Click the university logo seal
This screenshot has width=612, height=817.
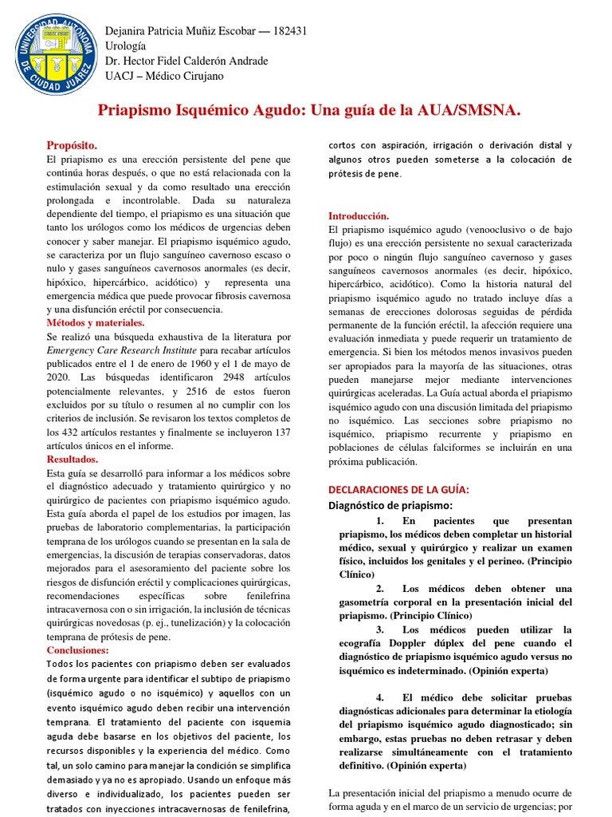[53, 53]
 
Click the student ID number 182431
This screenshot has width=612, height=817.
[289, 31]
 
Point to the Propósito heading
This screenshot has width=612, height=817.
[73, 145]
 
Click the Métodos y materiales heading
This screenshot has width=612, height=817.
[96, 323]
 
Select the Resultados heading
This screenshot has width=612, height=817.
[73, 460]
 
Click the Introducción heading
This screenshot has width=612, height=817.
[359, 216]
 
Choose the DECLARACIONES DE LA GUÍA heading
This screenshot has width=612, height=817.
[399, 489]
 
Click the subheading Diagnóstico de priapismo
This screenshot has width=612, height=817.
[390, 506]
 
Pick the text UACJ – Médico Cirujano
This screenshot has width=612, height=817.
[165, 77]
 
